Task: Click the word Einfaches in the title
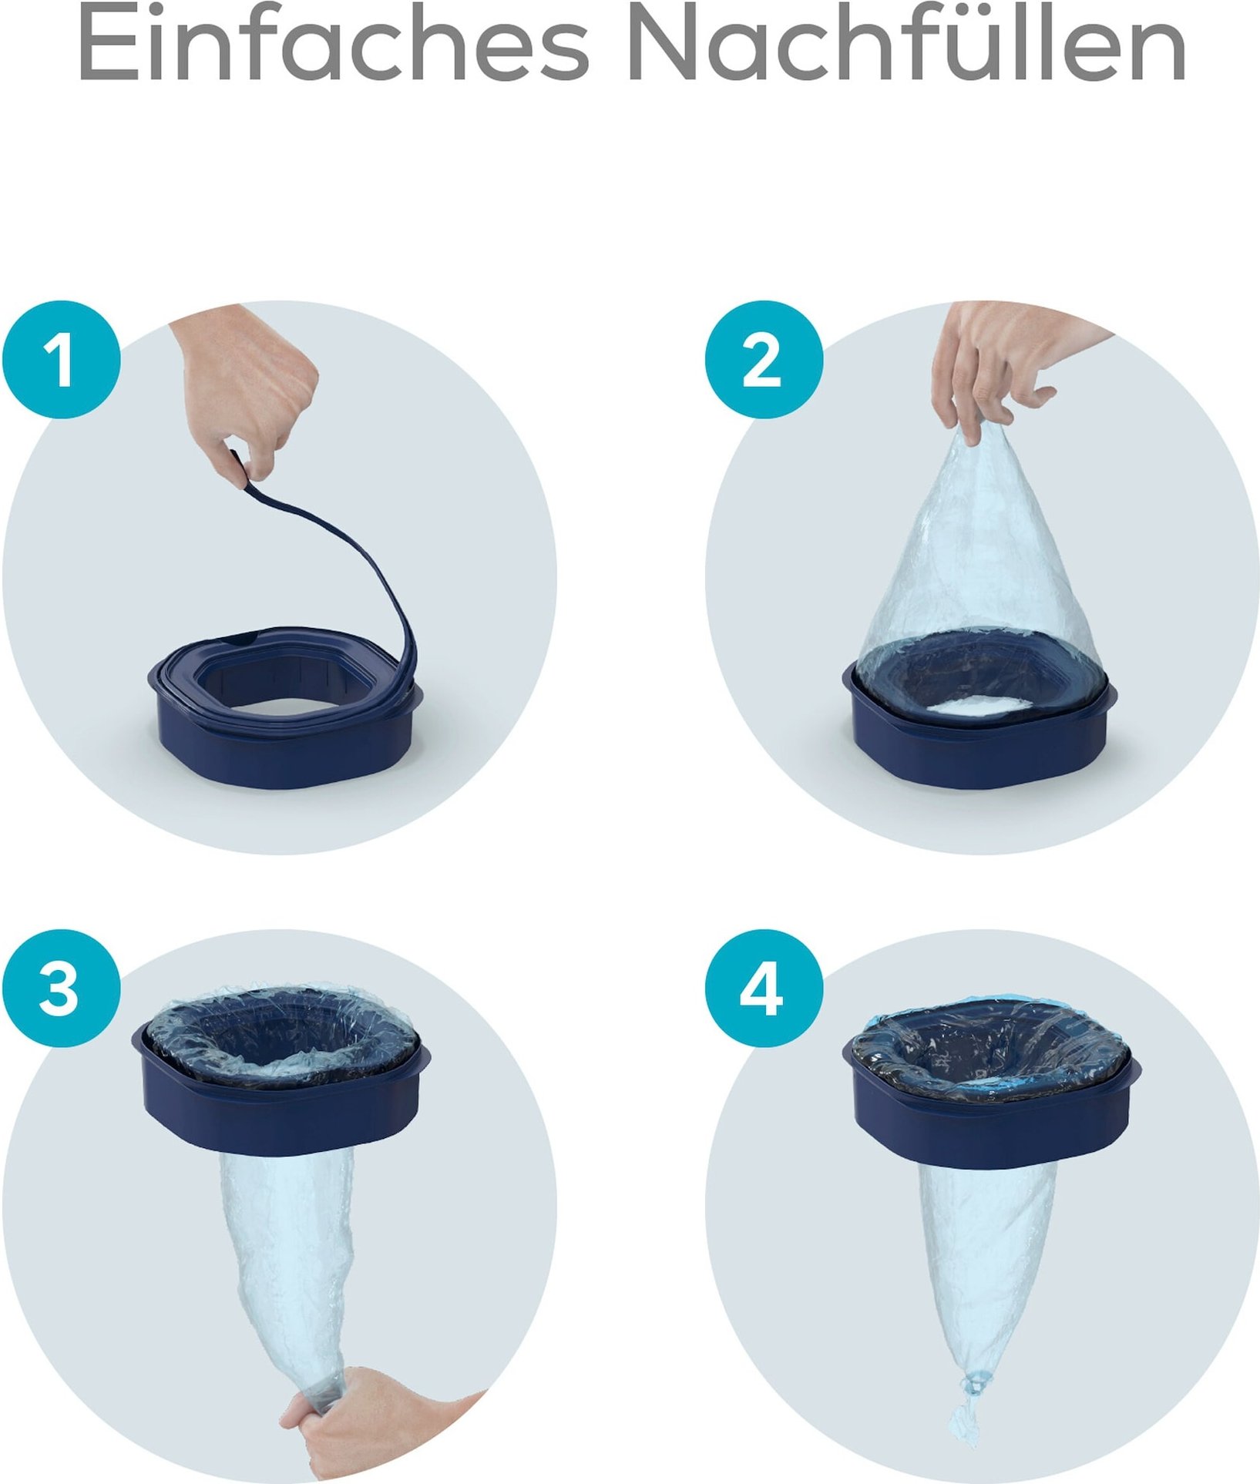(x=332, y=44)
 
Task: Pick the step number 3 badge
(x=61, y=989)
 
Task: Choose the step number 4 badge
(x=764, y=989)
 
